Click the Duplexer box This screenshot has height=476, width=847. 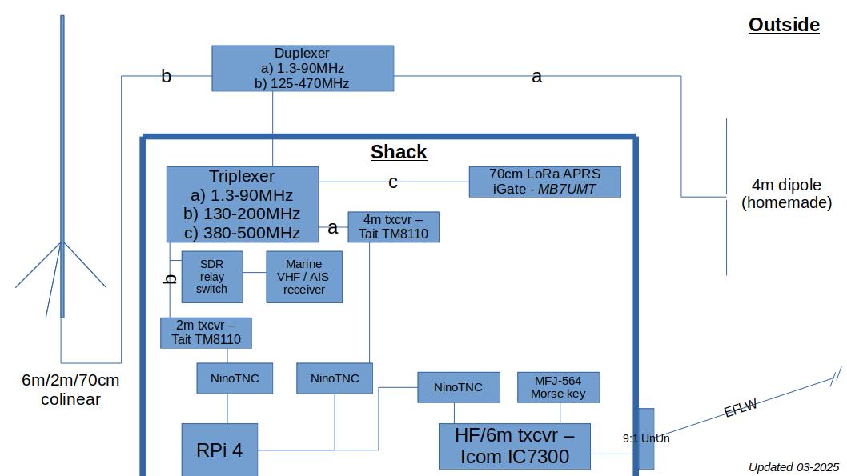point(303,68)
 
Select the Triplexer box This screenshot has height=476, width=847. point(242,204)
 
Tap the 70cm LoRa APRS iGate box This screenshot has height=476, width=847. point(544,182)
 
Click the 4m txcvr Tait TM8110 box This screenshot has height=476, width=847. point(393,226)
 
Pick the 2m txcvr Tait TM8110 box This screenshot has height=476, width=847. point(206,333)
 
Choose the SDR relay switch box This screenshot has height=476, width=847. point(211,277)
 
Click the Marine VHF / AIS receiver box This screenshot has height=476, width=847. point(304,277)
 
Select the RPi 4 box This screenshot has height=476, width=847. point(219,450)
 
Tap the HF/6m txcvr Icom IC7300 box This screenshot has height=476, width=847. point(515,446)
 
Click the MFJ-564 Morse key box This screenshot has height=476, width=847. point(558,387)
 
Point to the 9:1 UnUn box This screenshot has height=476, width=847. point(645,438)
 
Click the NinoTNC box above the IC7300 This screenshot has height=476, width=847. point(458,387)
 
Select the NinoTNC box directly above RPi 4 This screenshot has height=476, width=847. point(235,378)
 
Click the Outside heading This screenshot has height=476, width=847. point(784,25)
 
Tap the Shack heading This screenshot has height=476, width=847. point(399,152)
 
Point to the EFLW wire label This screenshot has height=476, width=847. point(741,409)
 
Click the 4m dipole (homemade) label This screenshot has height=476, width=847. point(786,194)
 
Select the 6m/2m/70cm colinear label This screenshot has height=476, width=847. point(70,390)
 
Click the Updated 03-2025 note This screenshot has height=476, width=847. point(793,467)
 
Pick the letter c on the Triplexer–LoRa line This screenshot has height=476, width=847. point(393,182)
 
